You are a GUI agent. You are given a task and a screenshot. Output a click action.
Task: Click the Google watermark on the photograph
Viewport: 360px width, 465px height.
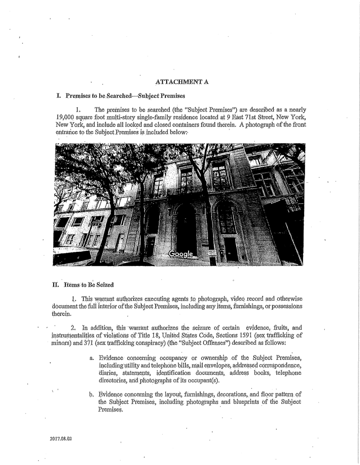(182, 255)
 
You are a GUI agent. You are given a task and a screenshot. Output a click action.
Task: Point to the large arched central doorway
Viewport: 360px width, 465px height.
(186, 229)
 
